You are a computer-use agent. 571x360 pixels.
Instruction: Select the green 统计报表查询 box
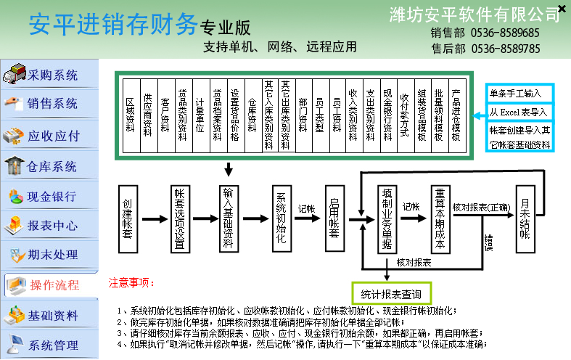(x=390, y=293)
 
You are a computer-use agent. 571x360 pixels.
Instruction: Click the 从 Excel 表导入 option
(x=519, y=112)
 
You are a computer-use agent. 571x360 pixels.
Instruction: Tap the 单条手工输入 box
(x=519, y=94)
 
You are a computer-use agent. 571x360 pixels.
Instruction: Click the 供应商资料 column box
(x=148, y=115)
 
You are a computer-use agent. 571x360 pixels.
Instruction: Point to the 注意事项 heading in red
(x=132, y=281)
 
